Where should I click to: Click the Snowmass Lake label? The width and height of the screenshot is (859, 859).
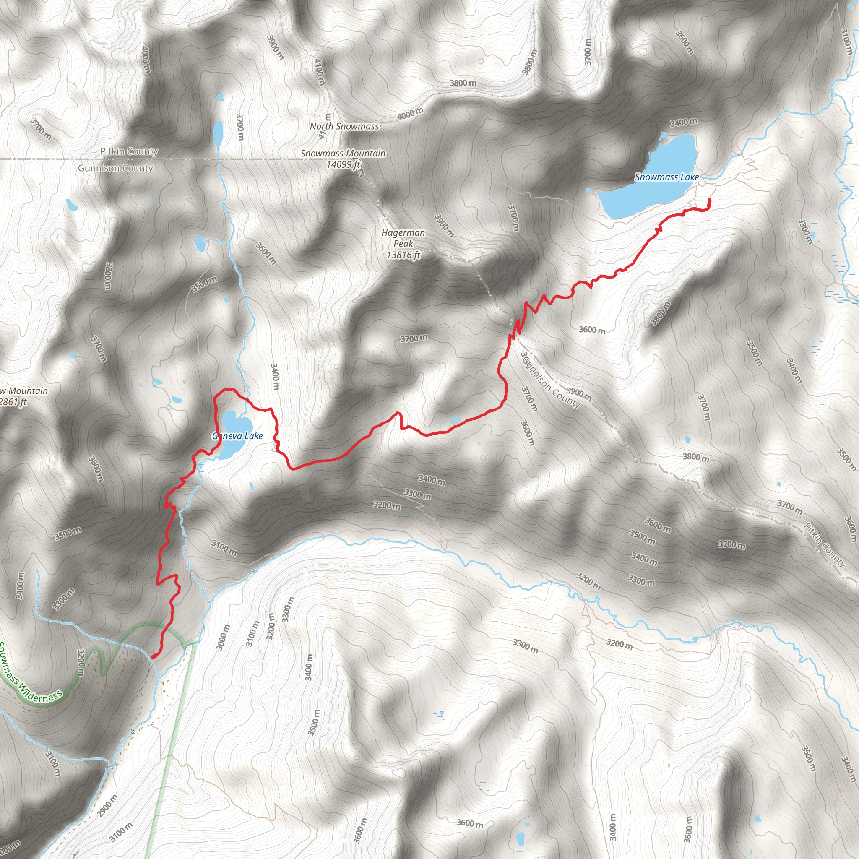pyautogui.click(x=666, y=177)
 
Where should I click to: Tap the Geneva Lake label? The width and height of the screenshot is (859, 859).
pyautogui.click(x=237, y=436)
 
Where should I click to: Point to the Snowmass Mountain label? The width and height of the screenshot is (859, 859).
pyautogui.click(x=343, y=153)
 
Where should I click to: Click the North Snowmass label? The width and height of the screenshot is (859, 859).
pyautogui.click(x=344, y=126)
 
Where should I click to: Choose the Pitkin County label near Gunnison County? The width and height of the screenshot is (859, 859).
pyautogui.click(x=129, y=151)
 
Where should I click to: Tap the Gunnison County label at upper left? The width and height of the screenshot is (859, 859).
pyautogui.click(x=115, y=168)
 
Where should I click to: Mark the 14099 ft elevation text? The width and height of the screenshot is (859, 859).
pyautogui.click(x=343, y=164)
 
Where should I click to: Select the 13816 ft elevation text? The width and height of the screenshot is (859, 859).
pyautogui.click(x=403, y=255)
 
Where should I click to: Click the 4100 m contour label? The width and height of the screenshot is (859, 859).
pyautogui.click(x=320, y=72)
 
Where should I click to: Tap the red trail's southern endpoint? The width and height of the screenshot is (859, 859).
pyautogui.click(x=154, y=656)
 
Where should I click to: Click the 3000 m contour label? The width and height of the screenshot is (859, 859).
pyautogui.click(x=223, y=637)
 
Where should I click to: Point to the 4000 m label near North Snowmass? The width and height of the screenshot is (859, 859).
pyautogui.click(x=410, y=114)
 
